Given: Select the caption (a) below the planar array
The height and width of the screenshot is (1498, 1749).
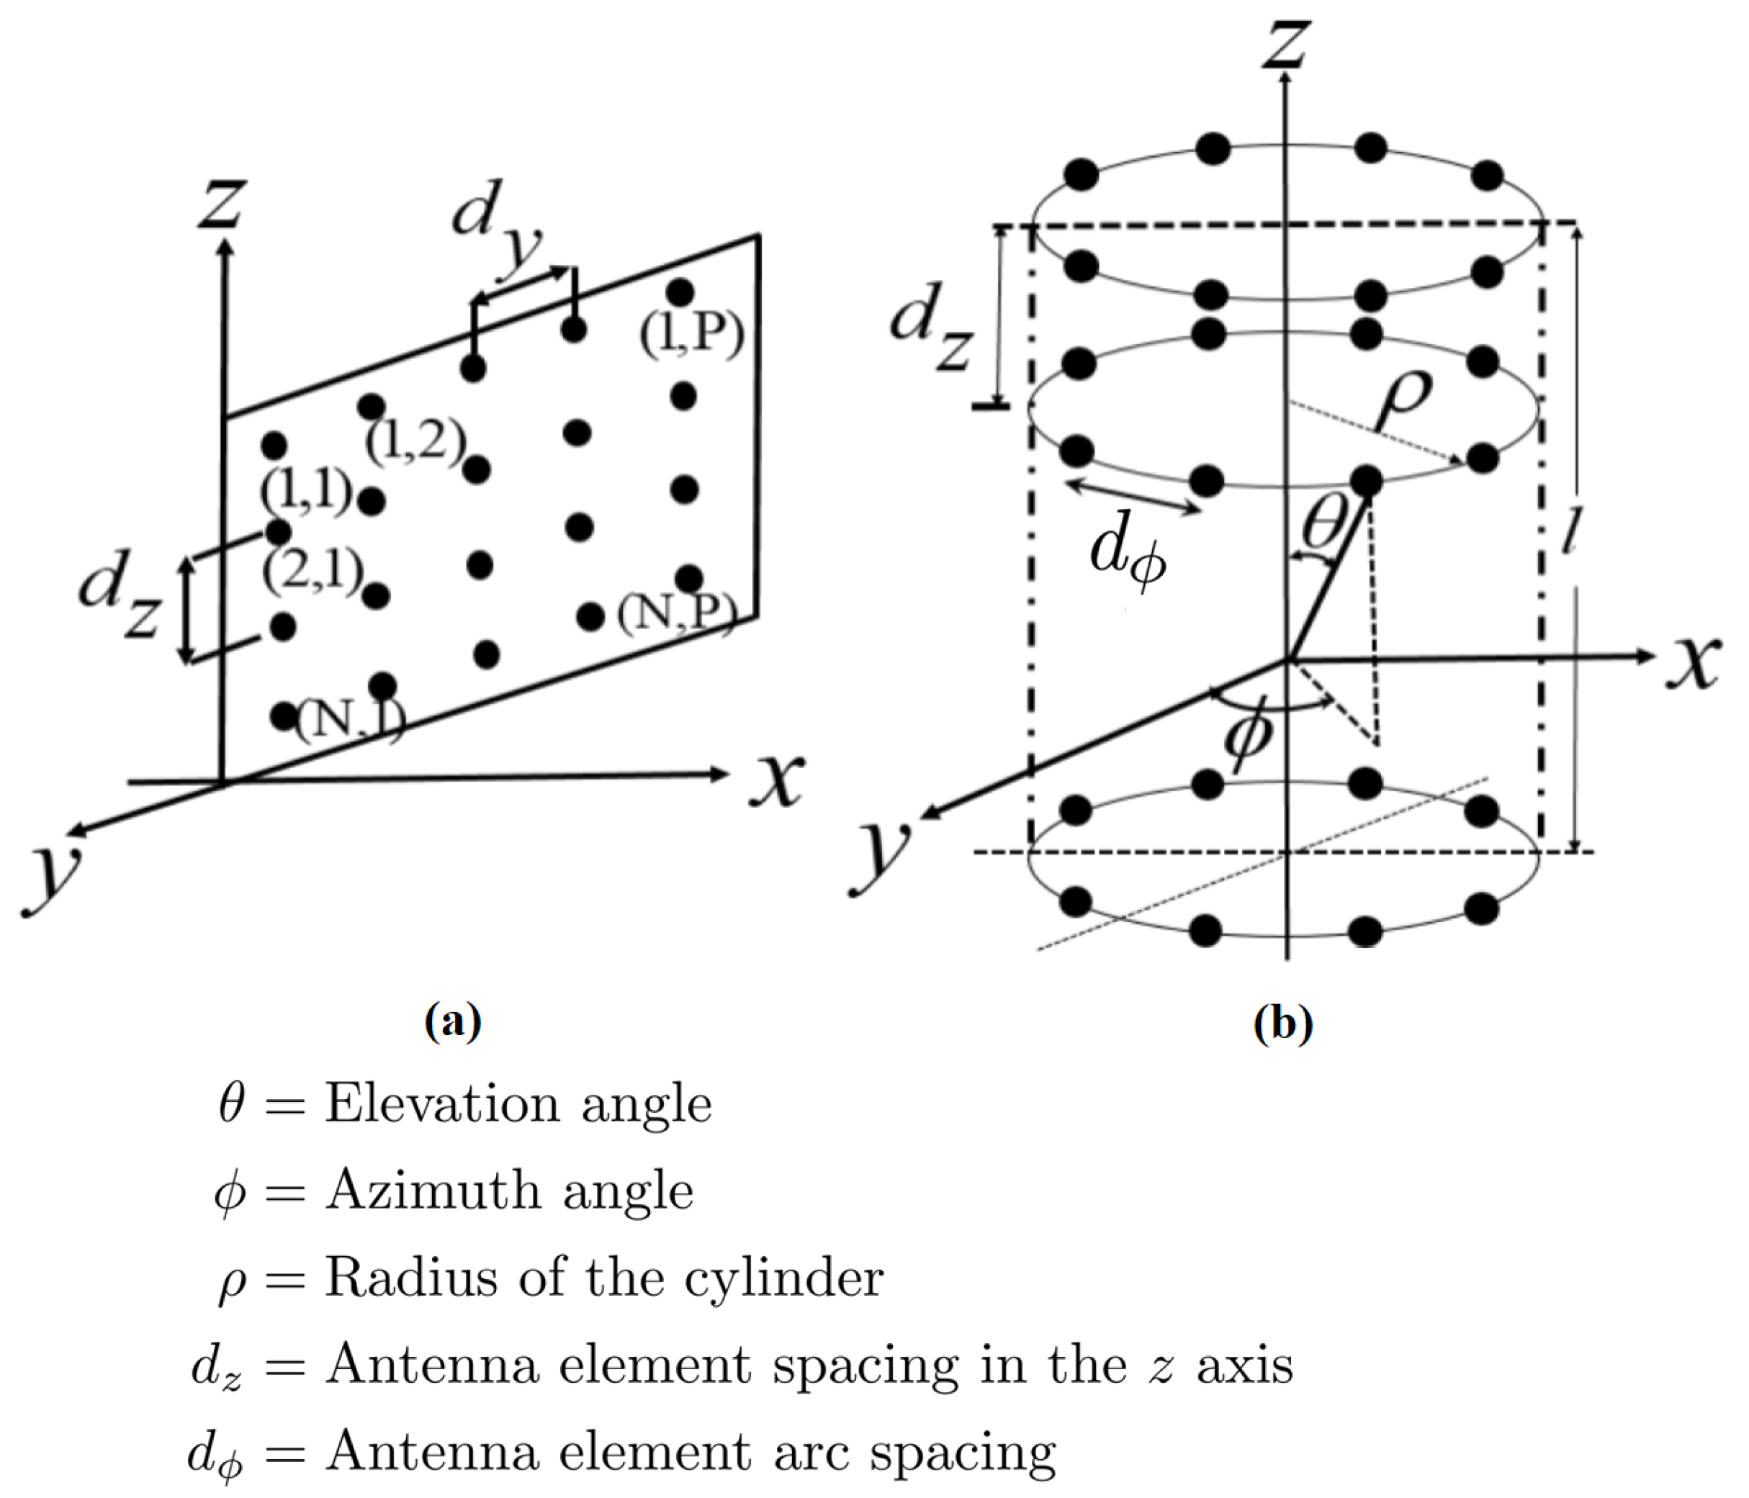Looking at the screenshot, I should (454, 1023).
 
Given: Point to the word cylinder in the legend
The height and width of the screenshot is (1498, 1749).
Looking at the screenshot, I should (783, 1279).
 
